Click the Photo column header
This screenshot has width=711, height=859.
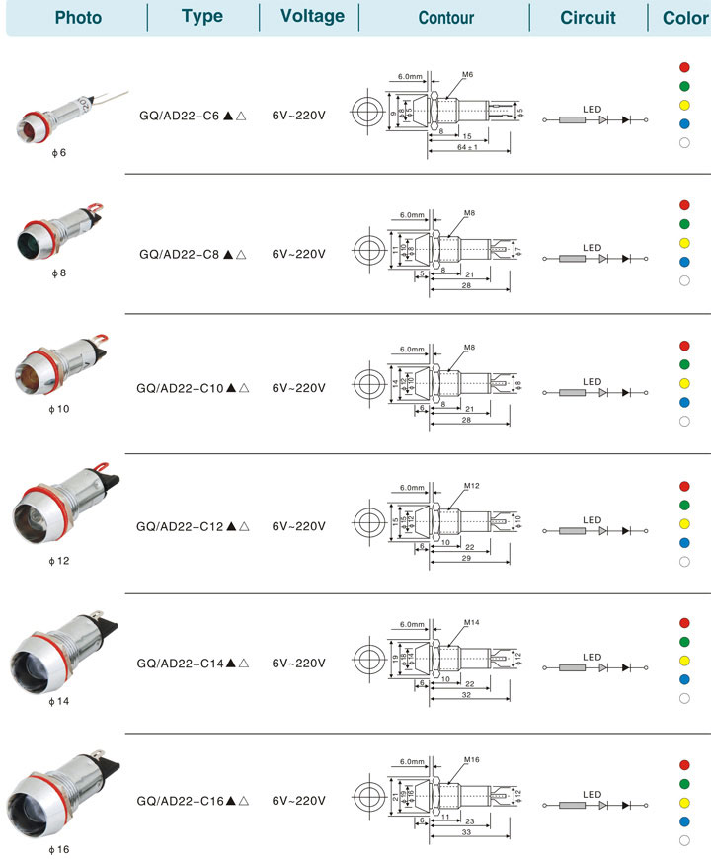point(78,18)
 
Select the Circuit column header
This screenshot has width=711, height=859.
point(588,18)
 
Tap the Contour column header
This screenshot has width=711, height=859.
point(445,18)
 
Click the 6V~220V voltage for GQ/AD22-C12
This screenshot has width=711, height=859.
point(298,526)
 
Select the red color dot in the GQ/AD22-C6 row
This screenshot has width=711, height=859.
point(683,67)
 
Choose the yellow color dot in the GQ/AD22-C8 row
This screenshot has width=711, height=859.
point(683,243)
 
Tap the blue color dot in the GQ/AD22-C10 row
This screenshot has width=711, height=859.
point(683,403)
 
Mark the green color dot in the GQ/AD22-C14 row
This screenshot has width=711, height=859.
point(683,641)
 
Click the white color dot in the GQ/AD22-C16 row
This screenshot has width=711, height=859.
point(683,840)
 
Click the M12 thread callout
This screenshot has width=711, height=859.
point(471,486)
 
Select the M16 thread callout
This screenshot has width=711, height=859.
point(471,760)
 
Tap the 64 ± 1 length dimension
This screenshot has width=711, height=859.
point(469,147)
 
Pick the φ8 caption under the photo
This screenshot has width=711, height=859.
point(58,271)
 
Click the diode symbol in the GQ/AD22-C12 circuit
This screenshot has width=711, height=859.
point(604,531)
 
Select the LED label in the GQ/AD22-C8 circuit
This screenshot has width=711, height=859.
point(592,247)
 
